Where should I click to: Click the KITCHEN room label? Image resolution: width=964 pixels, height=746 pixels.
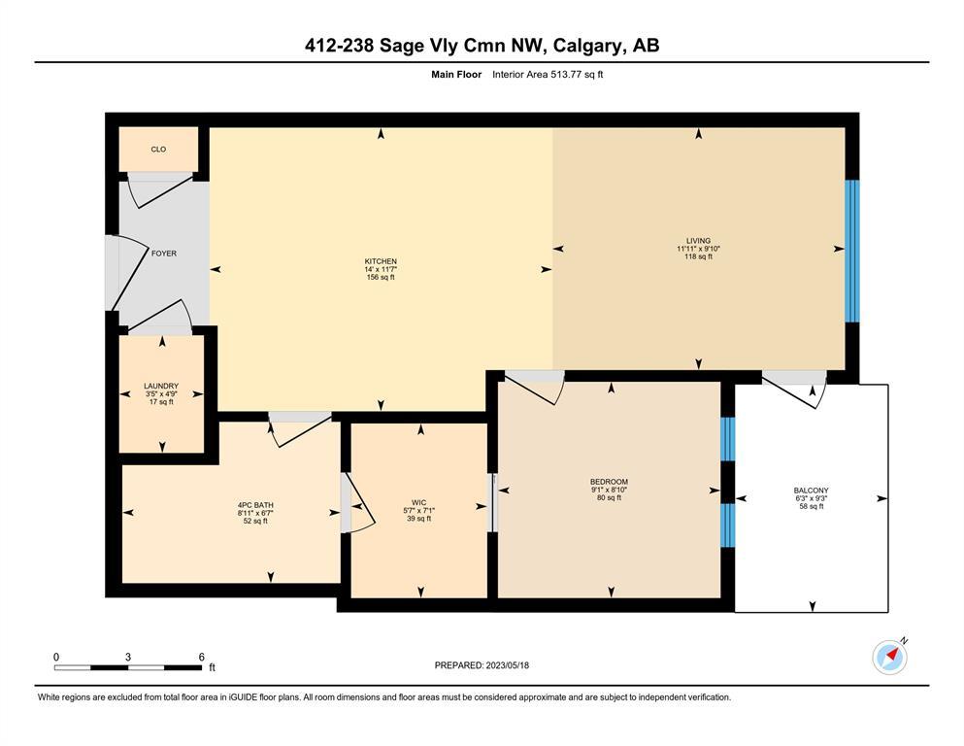381,261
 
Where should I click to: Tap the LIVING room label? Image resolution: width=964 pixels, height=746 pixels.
698,241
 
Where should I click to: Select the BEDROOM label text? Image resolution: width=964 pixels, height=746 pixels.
609,482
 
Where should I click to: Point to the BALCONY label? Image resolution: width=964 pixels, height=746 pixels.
811,491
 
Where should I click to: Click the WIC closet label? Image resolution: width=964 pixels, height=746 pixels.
418,502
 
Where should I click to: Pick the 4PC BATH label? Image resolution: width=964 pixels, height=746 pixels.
255,505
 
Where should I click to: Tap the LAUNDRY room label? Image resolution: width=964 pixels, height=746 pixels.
161,386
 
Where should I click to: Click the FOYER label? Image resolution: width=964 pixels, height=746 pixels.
163,254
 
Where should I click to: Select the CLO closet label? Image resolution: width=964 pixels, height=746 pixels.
158,150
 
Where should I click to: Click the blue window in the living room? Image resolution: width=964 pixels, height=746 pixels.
851,251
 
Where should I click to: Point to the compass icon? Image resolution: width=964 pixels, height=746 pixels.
889,658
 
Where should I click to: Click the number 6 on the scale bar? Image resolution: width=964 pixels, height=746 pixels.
201,657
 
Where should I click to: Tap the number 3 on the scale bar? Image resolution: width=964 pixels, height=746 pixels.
128,657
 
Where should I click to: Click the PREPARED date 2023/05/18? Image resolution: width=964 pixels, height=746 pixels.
507,665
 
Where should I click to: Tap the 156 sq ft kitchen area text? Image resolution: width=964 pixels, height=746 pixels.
381,278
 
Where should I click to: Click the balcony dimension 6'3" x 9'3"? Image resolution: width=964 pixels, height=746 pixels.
811,498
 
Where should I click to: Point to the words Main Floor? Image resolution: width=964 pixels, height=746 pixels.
456,75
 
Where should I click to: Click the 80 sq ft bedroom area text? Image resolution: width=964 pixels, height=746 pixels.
609,497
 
